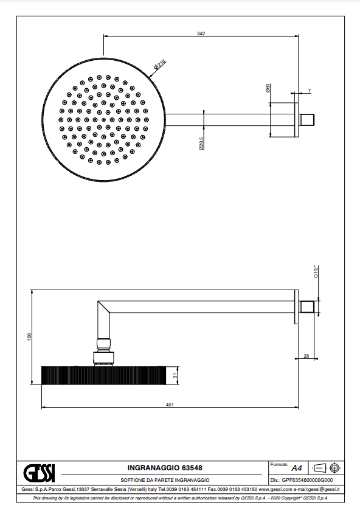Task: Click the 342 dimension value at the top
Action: [x=201, y=33]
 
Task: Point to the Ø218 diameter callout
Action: [x=160, y=64]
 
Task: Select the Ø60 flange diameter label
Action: [x=268, y=88]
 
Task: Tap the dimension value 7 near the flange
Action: [x=310, y=91]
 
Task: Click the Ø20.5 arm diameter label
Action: [x=201, y=144]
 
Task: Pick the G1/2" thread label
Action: [x=316, y=271]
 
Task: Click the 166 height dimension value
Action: [x=29, y=337]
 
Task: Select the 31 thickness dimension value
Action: [x=175, y=375]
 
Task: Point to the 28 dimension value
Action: [x=306, y=356]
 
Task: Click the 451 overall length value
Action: [x=170, y=405]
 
